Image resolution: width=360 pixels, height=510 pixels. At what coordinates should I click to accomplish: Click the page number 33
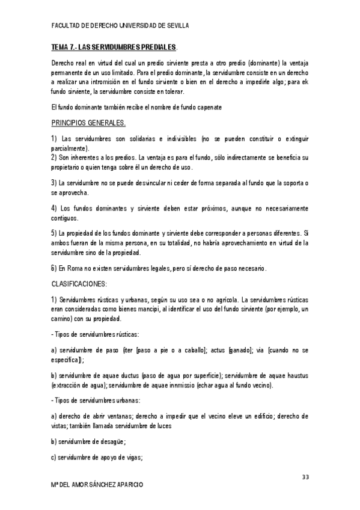[305, 477]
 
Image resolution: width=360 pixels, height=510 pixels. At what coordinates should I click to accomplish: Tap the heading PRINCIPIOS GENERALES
[88, 123]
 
